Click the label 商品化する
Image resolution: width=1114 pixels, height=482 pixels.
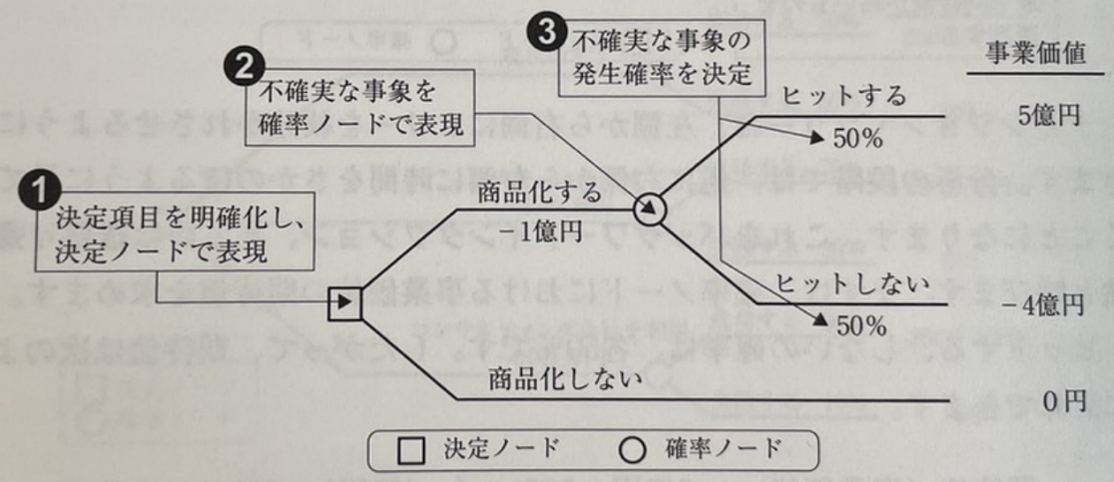(540, 191)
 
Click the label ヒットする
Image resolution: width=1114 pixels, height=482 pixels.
(844, 97)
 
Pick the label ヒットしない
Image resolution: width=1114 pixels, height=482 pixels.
(855, 284)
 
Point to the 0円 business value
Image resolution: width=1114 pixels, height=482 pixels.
(1063, 400)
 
